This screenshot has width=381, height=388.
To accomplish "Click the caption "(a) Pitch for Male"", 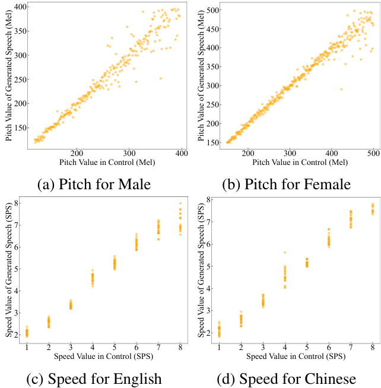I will (x=94, y=184).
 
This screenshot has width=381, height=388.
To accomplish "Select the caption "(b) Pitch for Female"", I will (x=286, y=184).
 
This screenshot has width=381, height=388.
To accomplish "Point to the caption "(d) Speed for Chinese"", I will (x=286, y=379).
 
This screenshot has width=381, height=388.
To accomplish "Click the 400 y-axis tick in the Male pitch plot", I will (x=21, y=7).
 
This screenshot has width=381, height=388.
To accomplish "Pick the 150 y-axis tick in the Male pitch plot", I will (x=21, y=128).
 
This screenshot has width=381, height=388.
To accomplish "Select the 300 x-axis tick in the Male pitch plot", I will (x=129, y=152).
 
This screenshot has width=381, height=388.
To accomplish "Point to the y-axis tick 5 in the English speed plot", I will (x=23, y=269).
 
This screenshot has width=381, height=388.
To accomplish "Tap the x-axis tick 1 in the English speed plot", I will (x=27, y=348).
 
